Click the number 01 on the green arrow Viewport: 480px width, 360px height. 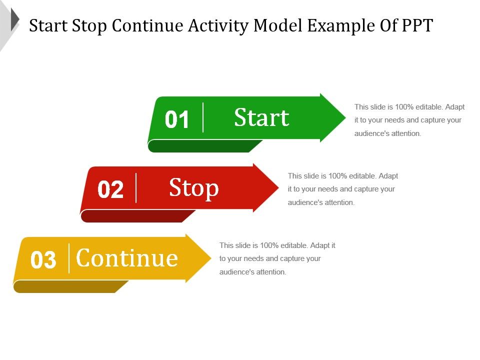pyautogui.click(x=176, y=119)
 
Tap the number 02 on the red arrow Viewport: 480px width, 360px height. pyautogui.click(x=110, y=189)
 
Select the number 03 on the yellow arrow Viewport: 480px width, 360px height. pyautogui.click(x=43, y=259)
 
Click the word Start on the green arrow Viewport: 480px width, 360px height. pyautogui.click(x=261, y=117)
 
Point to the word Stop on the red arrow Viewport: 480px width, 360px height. pyautogui.click(x=194, y=188)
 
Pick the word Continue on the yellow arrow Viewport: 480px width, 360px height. pyautogui.click(x=126, y=258)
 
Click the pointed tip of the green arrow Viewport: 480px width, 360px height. pyautogui.click(x=345, y=117)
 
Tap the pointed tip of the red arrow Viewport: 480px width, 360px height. pyautogui.click(x=278, y=187)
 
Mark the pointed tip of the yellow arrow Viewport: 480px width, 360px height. pyautogui.click(x=211, y=258)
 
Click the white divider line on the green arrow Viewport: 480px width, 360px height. pyautogui.click(x=203, y=117)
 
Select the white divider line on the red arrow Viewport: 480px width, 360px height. pyautogui.click(x=136, y=187)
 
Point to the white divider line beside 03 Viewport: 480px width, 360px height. pyautogui.click(x=69, y=258)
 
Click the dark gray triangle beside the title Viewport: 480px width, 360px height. pyautogui.click(x=15, y=19)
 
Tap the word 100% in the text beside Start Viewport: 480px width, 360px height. pyautogui.click(x=404, y=107)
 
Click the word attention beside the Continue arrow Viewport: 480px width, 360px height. pyautogui.click(x=270, y=272)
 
